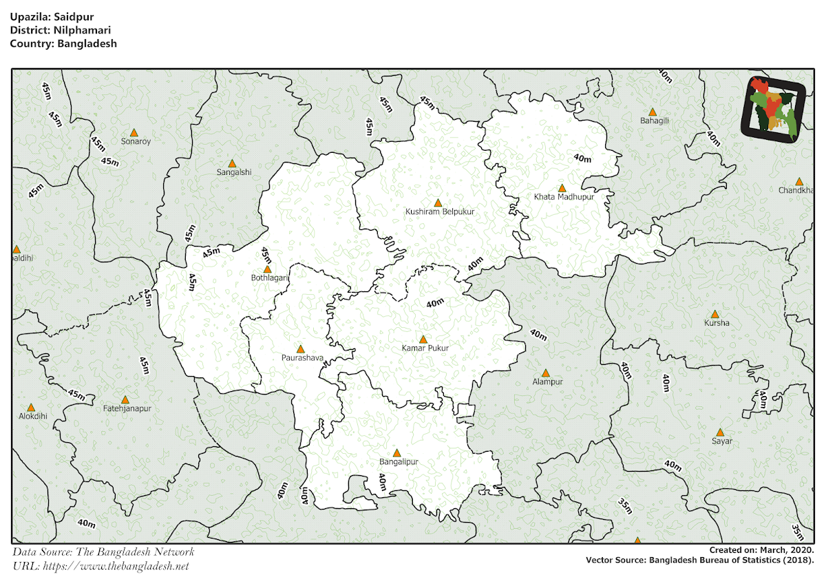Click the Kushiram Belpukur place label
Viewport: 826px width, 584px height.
click(x=440, y=211)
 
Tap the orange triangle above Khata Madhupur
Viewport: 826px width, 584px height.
click(x=562, y=188)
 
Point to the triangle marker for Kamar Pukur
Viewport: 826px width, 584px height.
click(x=423, y=340)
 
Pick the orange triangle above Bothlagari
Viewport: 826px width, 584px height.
click(x=267, y=269)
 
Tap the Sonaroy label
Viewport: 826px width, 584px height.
click(x=136, y=141)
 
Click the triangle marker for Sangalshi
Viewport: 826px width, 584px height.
click(x=232, y=164)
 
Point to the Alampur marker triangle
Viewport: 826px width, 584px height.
click(x=545, y=373)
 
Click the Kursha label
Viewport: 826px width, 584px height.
click(x=717, y=322)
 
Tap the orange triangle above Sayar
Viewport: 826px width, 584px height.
click(x=720, y=432)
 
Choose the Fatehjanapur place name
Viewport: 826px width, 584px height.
click(x=127, y=408)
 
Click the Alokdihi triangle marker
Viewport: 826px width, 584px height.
click(x=31, y=408)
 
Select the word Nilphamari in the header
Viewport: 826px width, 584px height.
click(x=81, y=30)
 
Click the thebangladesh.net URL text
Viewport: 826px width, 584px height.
click(x=115, y=566)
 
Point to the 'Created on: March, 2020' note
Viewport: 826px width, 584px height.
click(x=761, y=550)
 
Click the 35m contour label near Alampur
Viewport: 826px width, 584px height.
click(x=624, y=505)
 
